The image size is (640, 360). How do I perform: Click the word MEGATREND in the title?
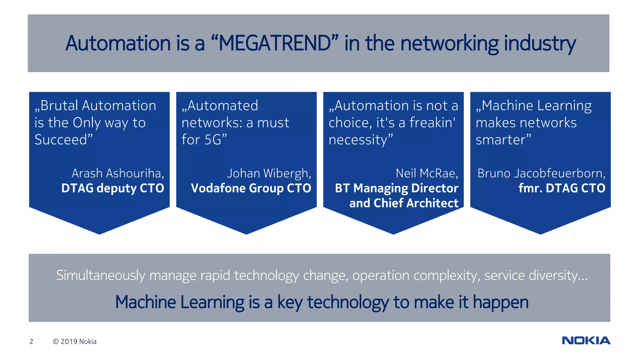(275, 43)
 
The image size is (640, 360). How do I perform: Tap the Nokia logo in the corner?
(586, 340)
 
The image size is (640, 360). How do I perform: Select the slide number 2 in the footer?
(31, 342)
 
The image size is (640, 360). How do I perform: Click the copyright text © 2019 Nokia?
(75, 342)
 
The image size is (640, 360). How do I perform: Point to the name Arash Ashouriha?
(117, 173)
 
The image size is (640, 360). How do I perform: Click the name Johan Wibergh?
(268, 173)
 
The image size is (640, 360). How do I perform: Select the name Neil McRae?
(426, 173)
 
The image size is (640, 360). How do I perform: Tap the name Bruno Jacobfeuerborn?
(541, 173)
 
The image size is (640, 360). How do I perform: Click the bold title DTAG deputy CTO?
(112, 188)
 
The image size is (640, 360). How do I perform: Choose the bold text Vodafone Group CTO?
(251, 188)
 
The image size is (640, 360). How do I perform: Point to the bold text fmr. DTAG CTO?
(562, 188)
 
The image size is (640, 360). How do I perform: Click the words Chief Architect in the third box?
(416, 203)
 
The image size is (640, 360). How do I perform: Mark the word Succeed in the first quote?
(61, 140)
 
